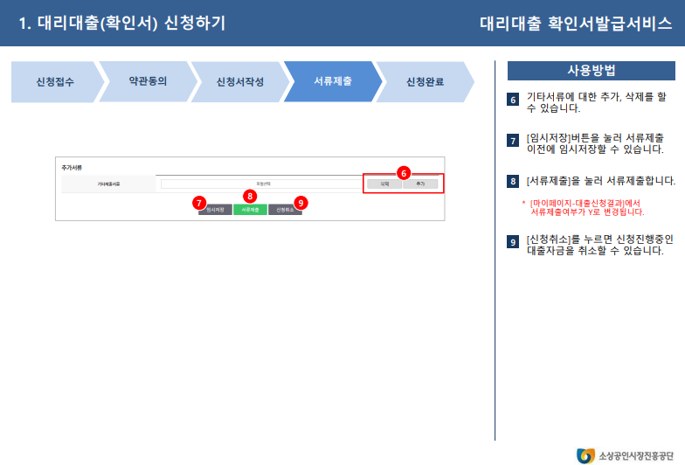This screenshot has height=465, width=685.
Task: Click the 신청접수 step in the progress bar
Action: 55,82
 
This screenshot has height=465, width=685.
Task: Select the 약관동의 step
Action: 148,80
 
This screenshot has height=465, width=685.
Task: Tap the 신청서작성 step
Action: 240,82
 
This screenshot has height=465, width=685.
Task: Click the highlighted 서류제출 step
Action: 333,81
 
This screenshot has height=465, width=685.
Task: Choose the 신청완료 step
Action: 426,82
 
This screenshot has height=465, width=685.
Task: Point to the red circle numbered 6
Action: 403,173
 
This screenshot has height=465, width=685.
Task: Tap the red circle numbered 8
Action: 250,196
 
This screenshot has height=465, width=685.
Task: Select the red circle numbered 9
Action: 301,202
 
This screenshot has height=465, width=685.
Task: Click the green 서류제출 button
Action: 250,210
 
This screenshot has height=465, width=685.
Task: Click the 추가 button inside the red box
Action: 419,184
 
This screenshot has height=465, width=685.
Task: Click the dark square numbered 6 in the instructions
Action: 513,101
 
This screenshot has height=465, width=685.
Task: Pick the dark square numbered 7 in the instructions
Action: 513,141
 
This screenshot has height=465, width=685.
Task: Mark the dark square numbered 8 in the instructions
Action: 513,182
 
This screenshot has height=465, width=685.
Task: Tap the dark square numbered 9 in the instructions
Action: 513,241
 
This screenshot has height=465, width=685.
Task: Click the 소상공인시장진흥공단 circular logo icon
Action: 585,455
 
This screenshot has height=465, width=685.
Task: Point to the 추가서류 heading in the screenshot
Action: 71,167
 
